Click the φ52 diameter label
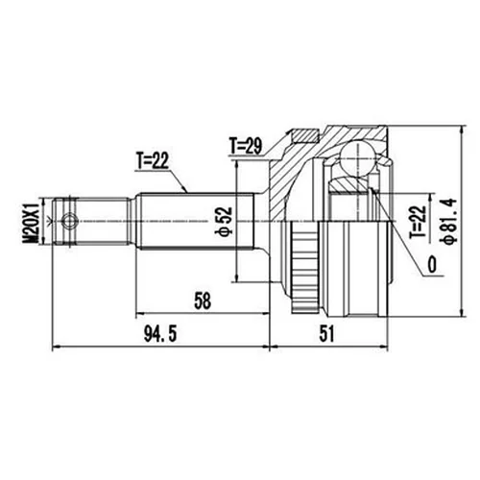pyautogui.click(x=222, y=220)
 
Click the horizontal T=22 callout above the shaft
pyautogui.click(x=152, y=161)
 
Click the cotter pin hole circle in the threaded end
pyautogui.click(x=66, y=222)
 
